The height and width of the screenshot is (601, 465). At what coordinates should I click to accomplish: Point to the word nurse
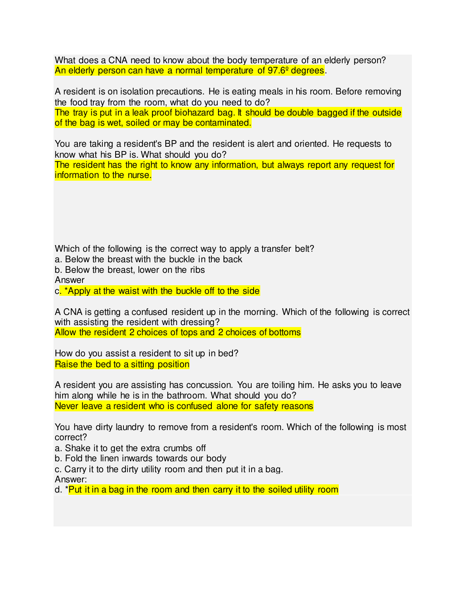click(138, 175)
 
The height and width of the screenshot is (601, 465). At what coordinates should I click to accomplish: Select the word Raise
click(66, 365)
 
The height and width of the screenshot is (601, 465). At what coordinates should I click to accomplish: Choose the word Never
click(66, 406)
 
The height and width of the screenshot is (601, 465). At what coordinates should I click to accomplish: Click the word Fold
click(73, 459)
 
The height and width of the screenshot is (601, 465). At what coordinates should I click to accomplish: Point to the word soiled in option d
click(280, 490)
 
